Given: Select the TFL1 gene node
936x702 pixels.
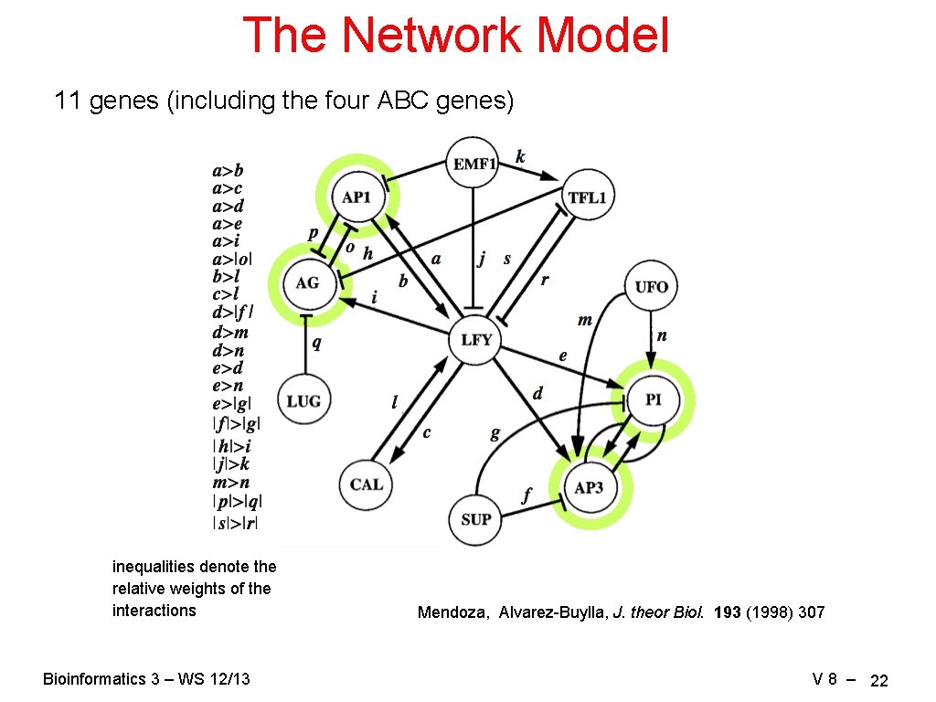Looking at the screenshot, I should [588, 197].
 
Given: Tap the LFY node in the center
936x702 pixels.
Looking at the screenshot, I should [476, 340].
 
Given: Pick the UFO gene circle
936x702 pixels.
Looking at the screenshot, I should [651, 287].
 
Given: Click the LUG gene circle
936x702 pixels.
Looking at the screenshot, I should [303, 400].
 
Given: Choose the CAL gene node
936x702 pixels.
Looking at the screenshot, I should [366, 484].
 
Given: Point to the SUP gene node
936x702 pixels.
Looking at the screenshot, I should [475, 519].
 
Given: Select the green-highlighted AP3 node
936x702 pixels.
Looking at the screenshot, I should [589, 487].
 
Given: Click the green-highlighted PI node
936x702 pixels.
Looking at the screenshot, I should [653, 400].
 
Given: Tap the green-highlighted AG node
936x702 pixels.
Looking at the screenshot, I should [307, 283].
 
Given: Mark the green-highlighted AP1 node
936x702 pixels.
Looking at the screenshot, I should [356, 197].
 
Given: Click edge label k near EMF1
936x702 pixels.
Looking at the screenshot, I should [520, 156].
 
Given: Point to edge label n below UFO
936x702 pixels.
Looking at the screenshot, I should [662, 335].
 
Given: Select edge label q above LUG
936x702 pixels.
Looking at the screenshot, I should [316, 343].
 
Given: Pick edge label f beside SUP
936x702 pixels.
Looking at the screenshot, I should [526, 495].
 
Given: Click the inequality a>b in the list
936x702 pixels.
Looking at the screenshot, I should [228, 170].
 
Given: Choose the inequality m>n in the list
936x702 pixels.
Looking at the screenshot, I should [230, 483].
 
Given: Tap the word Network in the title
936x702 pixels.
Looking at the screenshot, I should [434, 35].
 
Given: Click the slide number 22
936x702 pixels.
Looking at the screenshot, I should [879, 681].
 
